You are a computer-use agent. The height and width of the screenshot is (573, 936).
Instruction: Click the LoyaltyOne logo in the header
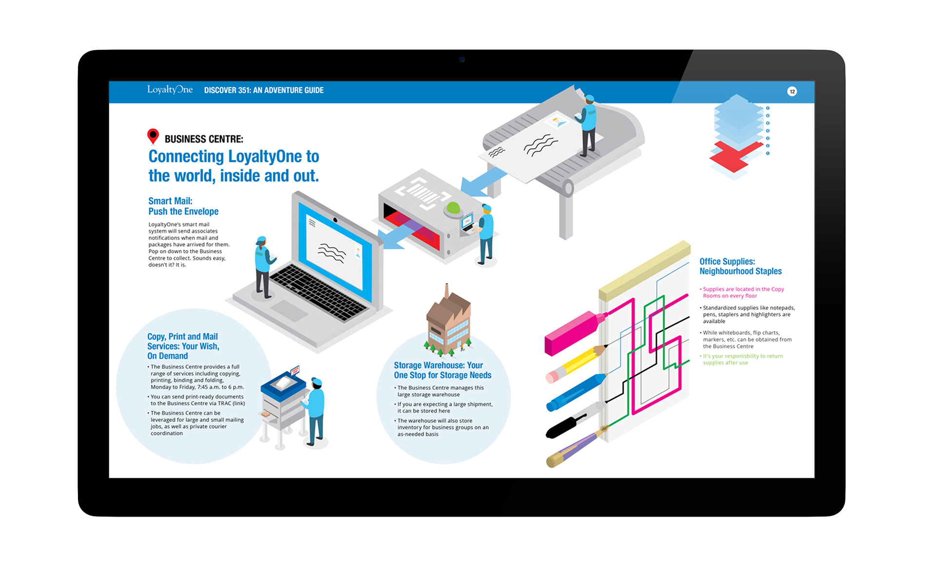click(170, 90)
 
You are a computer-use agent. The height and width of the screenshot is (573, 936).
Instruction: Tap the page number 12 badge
click(792, 92)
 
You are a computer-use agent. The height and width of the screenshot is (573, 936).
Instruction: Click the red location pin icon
click(153, 136)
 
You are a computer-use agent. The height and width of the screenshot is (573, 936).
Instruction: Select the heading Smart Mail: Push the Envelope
click(183, 206)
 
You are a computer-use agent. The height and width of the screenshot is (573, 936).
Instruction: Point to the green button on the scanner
click(453, 208)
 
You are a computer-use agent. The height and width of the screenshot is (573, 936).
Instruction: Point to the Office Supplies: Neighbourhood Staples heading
click(740, 267)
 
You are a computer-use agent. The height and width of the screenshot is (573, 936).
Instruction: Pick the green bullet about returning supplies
click(742, 359)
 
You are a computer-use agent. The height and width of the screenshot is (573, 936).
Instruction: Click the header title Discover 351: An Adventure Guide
click(264, 90)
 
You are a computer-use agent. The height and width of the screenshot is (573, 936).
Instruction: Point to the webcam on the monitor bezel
click(462, 59)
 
